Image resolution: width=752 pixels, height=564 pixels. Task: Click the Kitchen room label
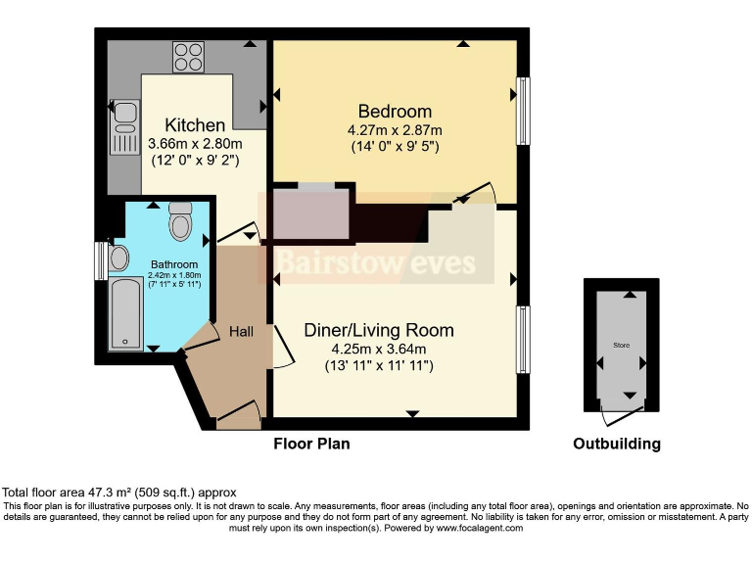[195, 125]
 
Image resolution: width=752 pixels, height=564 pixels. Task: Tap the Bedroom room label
[395, 112]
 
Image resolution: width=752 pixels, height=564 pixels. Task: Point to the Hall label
[241, 332]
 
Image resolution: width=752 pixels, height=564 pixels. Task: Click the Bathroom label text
[174, 264]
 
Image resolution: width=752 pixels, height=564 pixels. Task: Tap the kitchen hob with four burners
[188, 56]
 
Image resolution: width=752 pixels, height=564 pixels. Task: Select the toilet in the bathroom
[180, 222]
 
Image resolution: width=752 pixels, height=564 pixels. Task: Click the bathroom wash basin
[119, 259]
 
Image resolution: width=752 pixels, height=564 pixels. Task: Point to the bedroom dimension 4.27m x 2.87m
[395, 130]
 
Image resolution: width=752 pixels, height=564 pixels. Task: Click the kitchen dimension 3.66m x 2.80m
[195, 143]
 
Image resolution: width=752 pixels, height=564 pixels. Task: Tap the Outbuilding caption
[616, 444]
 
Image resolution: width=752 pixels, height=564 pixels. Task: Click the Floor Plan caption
[310, 444]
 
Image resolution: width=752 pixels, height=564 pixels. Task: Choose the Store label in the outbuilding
[621, 346]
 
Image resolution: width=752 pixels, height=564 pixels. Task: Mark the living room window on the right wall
[524, 339]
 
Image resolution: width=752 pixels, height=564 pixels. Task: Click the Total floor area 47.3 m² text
[119, 492]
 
